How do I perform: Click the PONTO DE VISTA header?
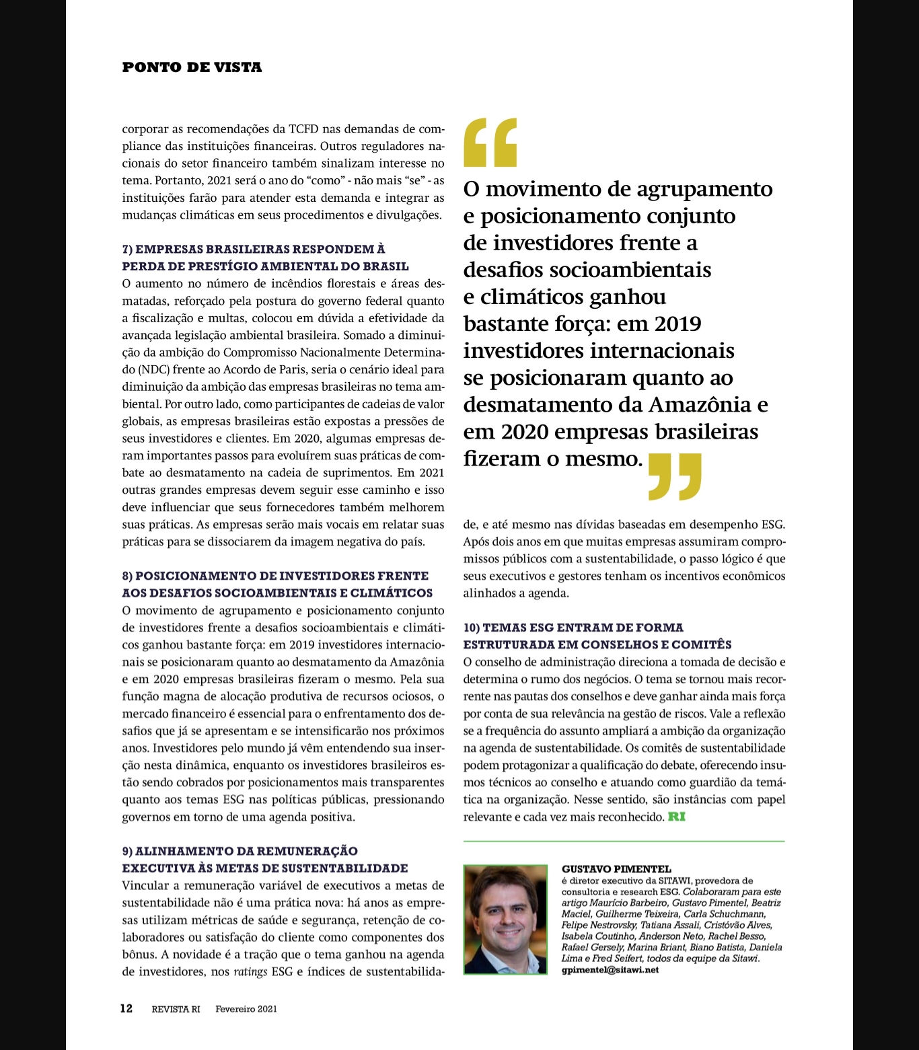click(192, 67)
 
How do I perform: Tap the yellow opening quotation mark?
click(490, 142)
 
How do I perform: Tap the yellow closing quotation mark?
click(675, 476)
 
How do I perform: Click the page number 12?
click(126, 1008)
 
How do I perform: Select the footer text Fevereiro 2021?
click(246, 1009)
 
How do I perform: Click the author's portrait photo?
click(506, 920)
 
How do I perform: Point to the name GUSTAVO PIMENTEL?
click(616, 869)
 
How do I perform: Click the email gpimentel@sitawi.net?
click(610, 970)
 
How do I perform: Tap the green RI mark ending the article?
click(677, 817)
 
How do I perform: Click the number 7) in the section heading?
click(127, 250)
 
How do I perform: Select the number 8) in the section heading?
click(127, 576)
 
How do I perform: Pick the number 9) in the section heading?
click(127, 852)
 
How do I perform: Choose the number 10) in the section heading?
click(472, 628)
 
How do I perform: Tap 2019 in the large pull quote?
click(677, 324)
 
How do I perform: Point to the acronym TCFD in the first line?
click(303, 129)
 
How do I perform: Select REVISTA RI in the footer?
click(176, 1009)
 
